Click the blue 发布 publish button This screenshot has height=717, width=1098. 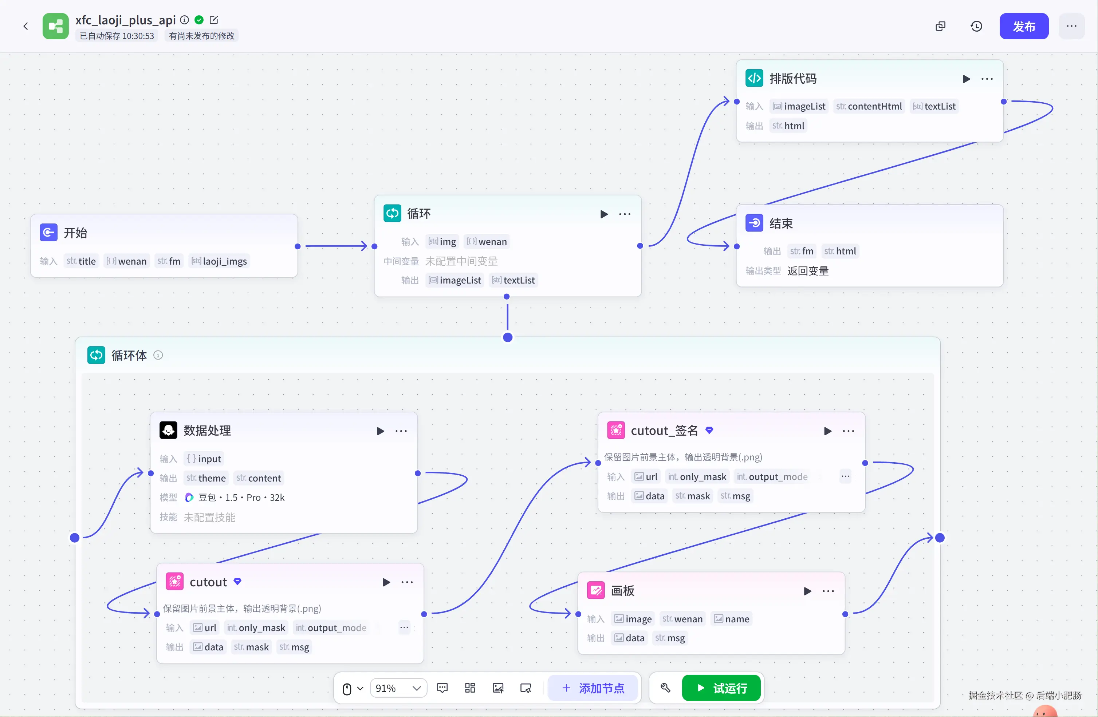[1023, 26]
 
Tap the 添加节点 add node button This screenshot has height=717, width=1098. [593, 688]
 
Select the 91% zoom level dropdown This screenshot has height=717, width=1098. [398, 688]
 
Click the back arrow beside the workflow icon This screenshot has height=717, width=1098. [26, 26]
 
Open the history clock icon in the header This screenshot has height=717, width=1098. [976, 26]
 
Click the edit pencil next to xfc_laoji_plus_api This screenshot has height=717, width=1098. [214, 20]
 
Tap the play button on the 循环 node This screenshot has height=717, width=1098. [603, 214]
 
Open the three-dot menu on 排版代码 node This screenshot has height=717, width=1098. [987, 79]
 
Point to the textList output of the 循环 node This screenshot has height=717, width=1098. [513, 280]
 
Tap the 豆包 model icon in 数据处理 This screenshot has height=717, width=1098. [189, 497]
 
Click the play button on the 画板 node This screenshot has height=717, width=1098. [807, 591]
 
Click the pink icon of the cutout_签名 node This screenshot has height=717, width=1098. [615, 430]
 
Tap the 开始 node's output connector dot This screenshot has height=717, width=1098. [298, 246]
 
